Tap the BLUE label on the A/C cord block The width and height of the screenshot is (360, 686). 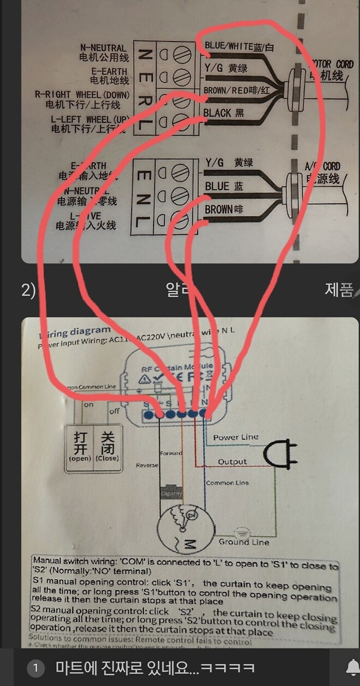[217, 186]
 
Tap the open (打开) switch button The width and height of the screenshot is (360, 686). [80, 446]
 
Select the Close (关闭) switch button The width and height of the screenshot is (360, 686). [107, 446]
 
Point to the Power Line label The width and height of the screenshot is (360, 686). [236, 437]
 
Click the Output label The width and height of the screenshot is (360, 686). [232, 462]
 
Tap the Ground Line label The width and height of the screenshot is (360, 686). [244, 542]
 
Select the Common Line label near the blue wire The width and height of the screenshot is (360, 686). [227, 483]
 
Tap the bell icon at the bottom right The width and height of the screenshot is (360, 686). [352, 667]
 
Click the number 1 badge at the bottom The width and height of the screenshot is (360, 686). [35, 668]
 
